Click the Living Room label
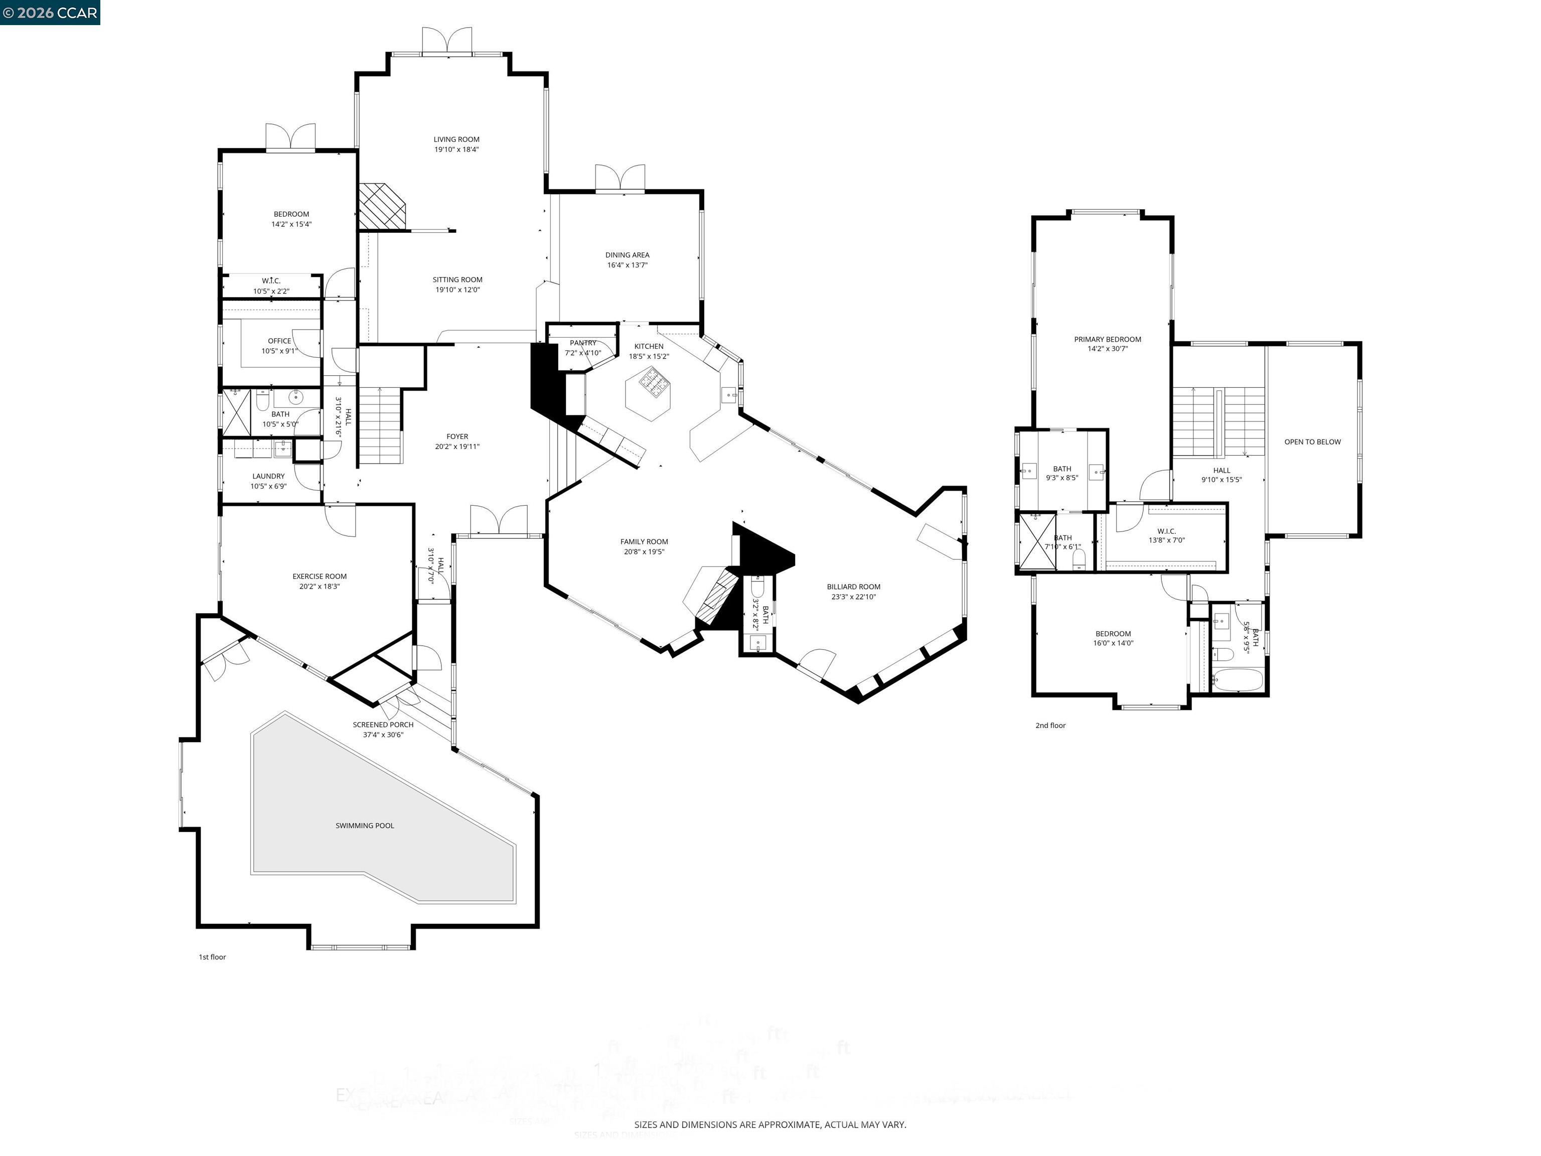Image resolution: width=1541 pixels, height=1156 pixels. pyautogui.click(x=456, y=139)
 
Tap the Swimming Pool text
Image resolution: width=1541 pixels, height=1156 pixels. pyautogui.click(x=364, y=826)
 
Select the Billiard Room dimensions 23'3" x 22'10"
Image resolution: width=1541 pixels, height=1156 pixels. pyautogui.click(x=853, y=597)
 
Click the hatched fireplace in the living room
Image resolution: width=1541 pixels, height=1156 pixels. pyautogui.click(x=381, y=206)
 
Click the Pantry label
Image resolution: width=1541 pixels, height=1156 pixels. pyautogui.click(x=582, y=343)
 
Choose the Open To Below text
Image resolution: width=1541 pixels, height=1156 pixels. pyautogui.click(x=1312, y=442)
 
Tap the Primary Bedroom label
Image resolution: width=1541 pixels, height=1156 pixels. pyautogui.click(x=1107, y=339)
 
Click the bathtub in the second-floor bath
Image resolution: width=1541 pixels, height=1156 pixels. pyautogui.click(x=1237, y=680)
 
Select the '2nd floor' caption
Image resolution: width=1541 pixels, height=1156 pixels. pyautogui.click(x=1050, y=726)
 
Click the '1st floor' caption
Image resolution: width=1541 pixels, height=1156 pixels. pyautogui.click(x=212, y=957)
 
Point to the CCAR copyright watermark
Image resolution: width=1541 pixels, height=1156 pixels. pyautogui.click(x=50, y=13)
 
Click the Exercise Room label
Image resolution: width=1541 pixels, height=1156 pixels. pyautogui.click(x=319, y=576)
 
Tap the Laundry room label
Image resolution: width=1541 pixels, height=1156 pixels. pyautogui.click(x=268, y=477)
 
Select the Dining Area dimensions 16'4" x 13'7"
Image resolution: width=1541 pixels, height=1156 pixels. pyautogui.click(x=627, y=265)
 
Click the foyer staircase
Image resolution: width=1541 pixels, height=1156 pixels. pyautogui.click(x=380, y=426)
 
